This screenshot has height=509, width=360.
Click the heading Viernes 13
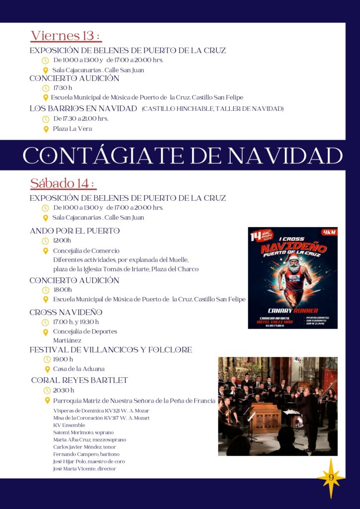[66, 36]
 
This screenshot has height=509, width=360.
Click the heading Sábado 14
[63, 183]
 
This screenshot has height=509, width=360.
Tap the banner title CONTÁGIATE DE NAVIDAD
[182, 156]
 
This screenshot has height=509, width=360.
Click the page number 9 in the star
[330, 478]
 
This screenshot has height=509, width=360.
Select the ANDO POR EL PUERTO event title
[75, 231]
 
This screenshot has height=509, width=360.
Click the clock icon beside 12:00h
[46, 241]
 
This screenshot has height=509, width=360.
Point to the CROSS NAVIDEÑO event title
[66, 312]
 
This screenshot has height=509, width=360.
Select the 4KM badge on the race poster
[329, 232]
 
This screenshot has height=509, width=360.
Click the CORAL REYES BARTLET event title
[80, 380]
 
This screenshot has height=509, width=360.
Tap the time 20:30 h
[64, 390]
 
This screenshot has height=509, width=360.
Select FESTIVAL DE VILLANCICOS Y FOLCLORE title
[110, 350]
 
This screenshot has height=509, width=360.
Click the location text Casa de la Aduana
[79, 369]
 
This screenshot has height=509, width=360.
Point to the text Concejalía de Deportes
[85, 332]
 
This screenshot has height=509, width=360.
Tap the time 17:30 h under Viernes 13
[63, 88]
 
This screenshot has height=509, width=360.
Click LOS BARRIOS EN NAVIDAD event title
[83, 108]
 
